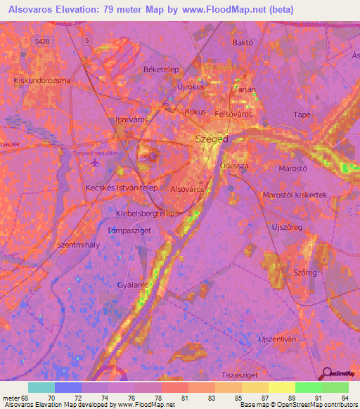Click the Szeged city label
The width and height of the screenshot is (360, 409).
[211, 139]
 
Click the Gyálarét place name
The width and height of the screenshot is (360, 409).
[134, 286]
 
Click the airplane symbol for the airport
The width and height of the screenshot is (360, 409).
[96, 164]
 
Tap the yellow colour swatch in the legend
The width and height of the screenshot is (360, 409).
[281, 387]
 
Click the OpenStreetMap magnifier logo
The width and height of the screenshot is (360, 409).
[326, 375]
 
